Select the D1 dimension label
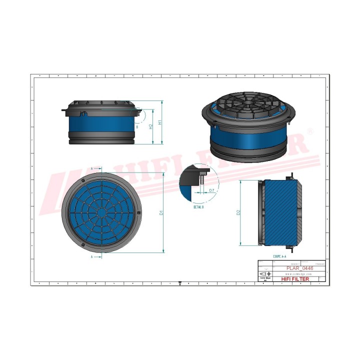click(x=160, y=212)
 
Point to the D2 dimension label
click(x=239, y=212)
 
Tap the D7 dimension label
click(x=211, y=190)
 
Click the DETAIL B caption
click(x=199, y=206)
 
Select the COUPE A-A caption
click(x=280, y=255)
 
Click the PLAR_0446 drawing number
click(x=299, y=268)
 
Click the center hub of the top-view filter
click(x=102, y=212)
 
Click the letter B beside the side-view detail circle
click(x=137, y=127)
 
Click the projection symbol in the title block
click(x=263, y=274)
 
